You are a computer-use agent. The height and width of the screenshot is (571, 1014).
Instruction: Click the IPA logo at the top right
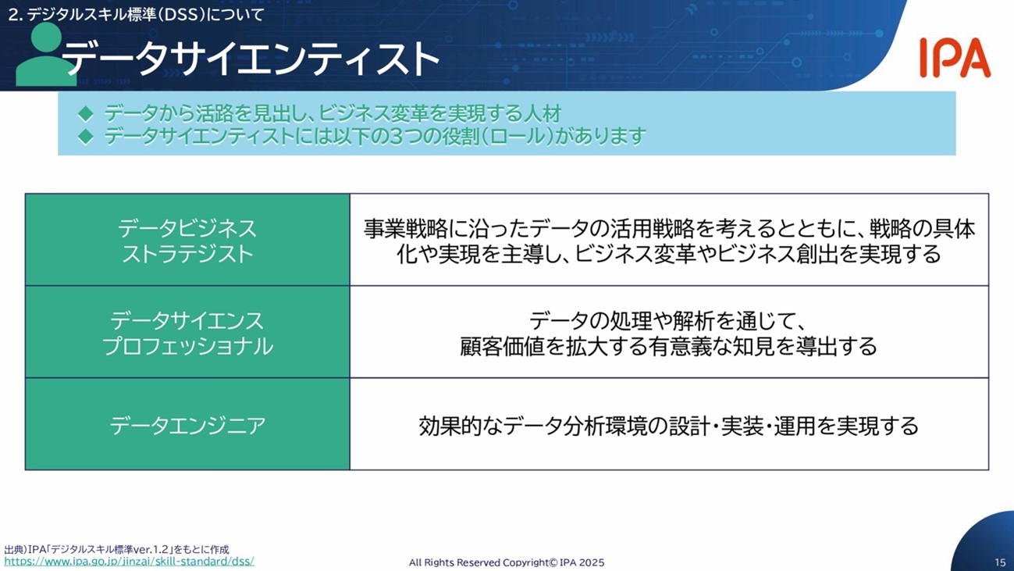click(955, 58)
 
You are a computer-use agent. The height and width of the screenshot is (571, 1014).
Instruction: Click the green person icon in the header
click(45, 55)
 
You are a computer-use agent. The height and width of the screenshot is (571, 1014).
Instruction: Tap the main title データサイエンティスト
click(251, 59)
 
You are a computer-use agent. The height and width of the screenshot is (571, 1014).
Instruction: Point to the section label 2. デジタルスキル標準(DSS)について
click(136, 15)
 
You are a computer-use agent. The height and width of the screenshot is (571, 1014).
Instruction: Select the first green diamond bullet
click(86, 113)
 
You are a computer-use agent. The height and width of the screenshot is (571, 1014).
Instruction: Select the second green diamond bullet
click(86, 136)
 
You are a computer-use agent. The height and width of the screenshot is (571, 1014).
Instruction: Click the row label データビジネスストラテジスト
click(187, 241)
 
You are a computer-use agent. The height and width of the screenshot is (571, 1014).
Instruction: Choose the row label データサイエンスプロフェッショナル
click(187, 334)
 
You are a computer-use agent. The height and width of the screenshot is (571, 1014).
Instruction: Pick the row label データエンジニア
click(187, 426)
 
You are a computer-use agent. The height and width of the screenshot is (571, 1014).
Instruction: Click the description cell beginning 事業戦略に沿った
click(669, 241)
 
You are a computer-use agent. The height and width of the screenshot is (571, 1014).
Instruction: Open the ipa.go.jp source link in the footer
click(129, 562)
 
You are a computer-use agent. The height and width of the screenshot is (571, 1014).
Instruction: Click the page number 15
click(1000, 562)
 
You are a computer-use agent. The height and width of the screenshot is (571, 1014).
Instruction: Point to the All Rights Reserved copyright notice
click(507, 562)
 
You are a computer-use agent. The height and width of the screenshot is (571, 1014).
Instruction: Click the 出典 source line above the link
click(117, 549)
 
